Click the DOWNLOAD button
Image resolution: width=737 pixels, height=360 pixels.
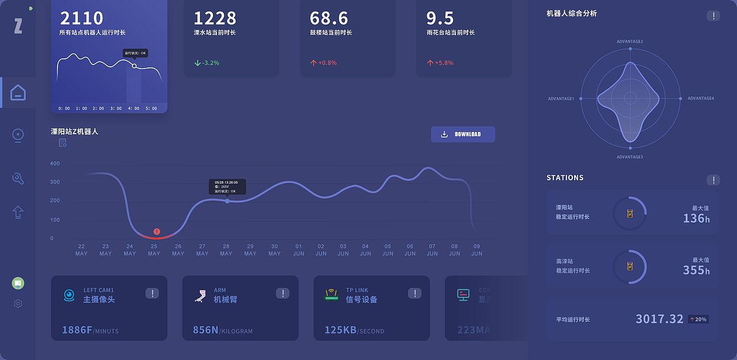pyautogui.click(x=463, y=134)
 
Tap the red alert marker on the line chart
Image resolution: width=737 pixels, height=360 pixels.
pyautogui.click(x=157, y=232)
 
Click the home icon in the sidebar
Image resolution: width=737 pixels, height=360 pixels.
pyautogui.click(x=18, y=93)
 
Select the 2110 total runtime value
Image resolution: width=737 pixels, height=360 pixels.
pyautogui.click(x=82, y=18)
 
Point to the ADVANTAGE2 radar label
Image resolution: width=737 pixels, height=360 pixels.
pyautogui.click(x=630, y=41)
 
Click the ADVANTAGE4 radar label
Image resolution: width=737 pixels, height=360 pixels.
pyautogui.click(x=701, y=98)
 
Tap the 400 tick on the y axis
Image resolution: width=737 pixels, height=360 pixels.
pyautogui.click(x=55, y=164)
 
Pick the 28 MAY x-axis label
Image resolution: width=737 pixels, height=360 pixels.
pyautogui.click(x=226, y=250)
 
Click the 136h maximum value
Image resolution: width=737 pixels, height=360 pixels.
pyautogui.click(x=696, y=218)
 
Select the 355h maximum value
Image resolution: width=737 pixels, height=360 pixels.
pyautogui.click(x=696, y=270)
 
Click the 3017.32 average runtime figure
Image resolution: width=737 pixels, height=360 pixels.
pyautogui.click(x=659, y=319)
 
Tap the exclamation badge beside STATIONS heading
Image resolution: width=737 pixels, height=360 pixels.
pyautogui.click(x=713, y=180)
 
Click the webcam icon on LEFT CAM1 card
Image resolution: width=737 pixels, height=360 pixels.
pyautogui.click(x=69, y=295)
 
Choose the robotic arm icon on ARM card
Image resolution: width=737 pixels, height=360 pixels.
pyautogui.click(x=200, y=295)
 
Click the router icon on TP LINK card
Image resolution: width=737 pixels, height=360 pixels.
pyautogui.click(x=331, y=295)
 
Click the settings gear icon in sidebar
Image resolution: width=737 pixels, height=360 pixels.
pyautogui.click(x=18, y=304)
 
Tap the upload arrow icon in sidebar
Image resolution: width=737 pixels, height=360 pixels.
pyautogui.click(x=18, y=212)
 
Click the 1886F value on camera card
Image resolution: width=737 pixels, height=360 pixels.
pyautogui.click(x=77, y=330)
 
